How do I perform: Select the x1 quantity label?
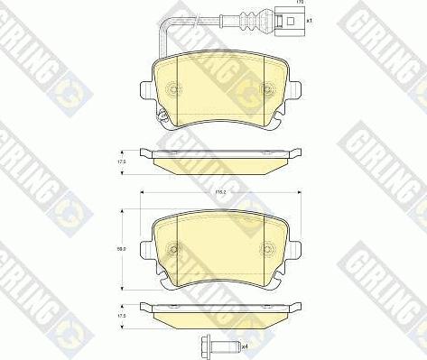309,20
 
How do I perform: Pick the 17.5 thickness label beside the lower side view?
121,316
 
